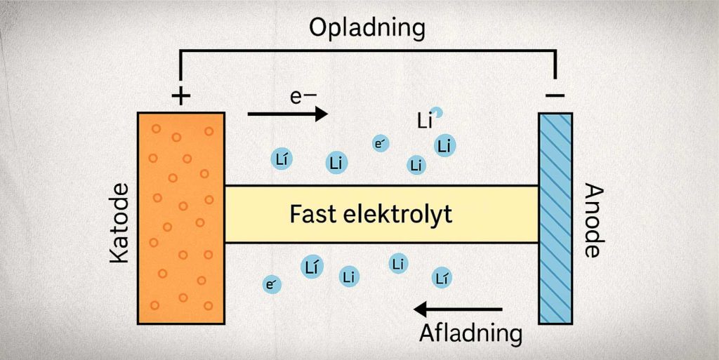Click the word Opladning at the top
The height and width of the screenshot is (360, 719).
coord(367,27)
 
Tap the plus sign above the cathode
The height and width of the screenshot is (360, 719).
coord(180,96)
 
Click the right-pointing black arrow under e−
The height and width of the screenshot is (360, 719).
coord(288,114)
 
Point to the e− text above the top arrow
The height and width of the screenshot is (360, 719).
coord(304,95)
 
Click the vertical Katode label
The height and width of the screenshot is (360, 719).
coord(120,223)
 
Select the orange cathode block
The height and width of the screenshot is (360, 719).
coord(181,218)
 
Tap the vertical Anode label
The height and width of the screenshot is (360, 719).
coord(593,221)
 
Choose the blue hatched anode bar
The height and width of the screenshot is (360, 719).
coord(555,218)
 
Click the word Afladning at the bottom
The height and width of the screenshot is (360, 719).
coord(470,333)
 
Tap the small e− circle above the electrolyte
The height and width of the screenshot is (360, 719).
coord(381,144)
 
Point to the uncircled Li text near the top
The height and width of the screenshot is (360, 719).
coord(424,121)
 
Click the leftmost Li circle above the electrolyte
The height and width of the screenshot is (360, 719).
coord(281,159)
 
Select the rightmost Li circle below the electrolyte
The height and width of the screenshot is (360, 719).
coord(441,278)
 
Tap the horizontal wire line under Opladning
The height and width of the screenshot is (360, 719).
coord(367,51)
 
